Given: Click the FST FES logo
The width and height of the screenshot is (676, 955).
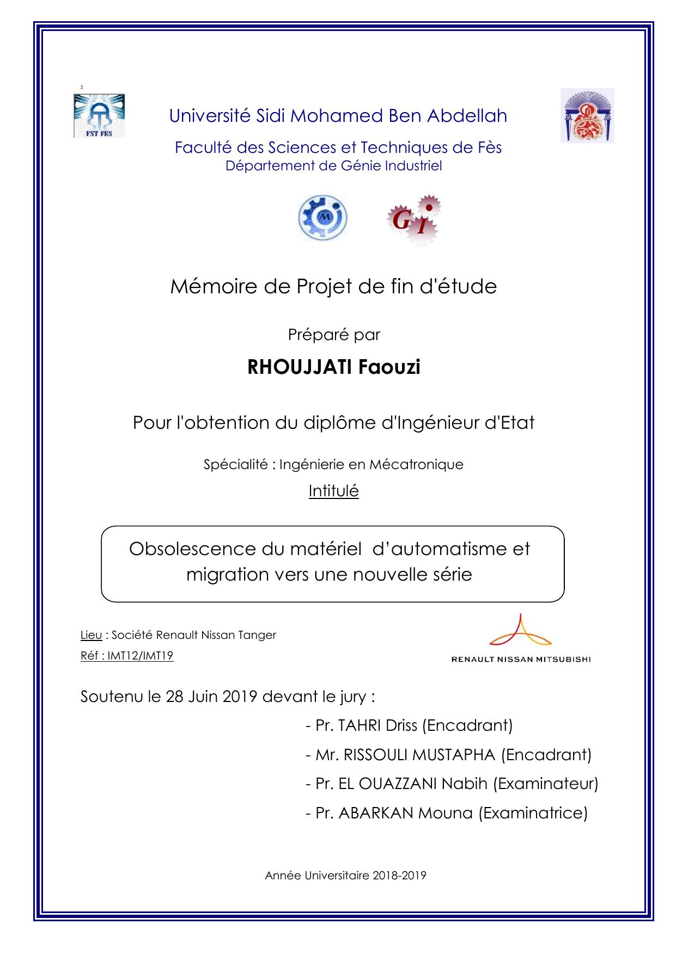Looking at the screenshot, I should [x=99, y=115].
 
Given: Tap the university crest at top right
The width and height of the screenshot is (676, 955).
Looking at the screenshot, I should [x=587, y=115].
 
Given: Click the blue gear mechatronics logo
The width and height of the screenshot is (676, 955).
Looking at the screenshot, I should [x=322, y=219].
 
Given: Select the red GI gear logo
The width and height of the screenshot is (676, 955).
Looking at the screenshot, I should [x=415, y=219].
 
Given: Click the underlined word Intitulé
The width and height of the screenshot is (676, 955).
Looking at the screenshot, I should [x=333, y=491].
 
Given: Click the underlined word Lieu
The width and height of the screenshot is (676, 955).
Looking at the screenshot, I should [x=91, y=635].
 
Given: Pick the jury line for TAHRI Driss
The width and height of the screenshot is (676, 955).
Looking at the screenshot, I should [x=409, y=725].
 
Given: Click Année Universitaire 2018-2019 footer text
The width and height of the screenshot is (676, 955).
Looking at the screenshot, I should [x=345, y=876].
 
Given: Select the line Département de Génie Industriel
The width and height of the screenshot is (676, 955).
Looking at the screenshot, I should [x=333, y=166].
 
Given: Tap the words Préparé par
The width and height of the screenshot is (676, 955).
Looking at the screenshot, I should [x=333, y=335].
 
